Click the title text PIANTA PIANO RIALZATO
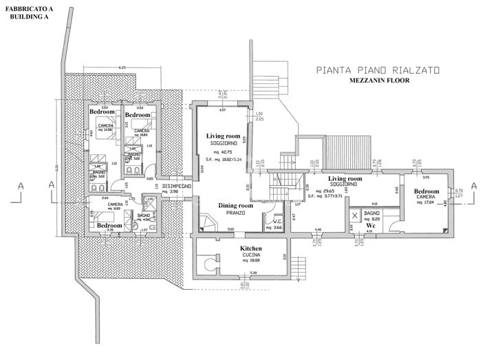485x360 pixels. pyautogui.click(x=376, y=70)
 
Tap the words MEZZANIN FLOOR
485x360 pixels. pyautogui.click(x=376, y=81)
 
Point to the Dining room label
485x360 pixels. pyautogui.click(x=236, y=206)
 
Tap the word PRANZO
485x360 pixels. pyautogui.click(x=236, y=213)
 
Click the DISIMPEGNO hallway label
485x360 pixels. pyautogui.click(x=175, y=184)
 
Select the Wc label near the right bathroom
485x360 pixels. pyautogui.click(x=370, y=225)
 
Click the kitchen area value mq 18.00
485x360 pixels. pyautogui.click(x=252, y=261)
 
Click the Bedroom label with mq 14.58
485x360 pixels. pyautogui.click(x=102, y=111)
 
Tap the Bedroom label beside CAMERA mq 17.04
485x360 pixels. pyautogui.click(x=427, y=191)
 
